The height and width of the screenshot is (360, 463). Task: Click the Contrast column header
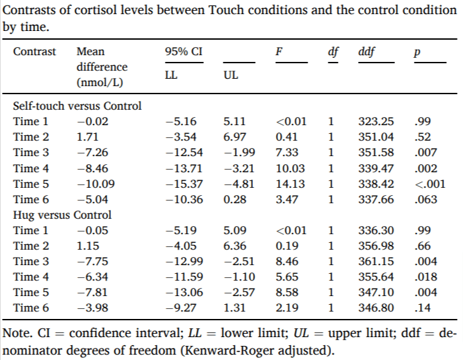click(x=35, y=52)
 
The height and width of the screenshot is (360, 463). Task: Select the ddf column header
click(x=367, y=52)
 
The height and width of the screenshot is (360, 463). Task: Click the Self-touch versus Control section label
click(x=77, y=106)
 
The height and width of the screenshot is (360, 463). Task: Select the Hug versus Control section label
click(x=63, y=215)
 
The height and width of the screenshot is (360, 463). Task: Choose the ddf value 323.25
click(x=376, y=122)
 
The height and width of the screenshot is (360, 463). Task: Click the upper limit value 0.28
click(x=236, y=200)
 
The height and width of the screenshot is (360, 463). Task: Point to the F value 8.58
click(x=287, y=293)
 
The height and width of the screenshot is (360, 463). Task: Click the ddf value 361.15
click(x=376, y=262)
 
